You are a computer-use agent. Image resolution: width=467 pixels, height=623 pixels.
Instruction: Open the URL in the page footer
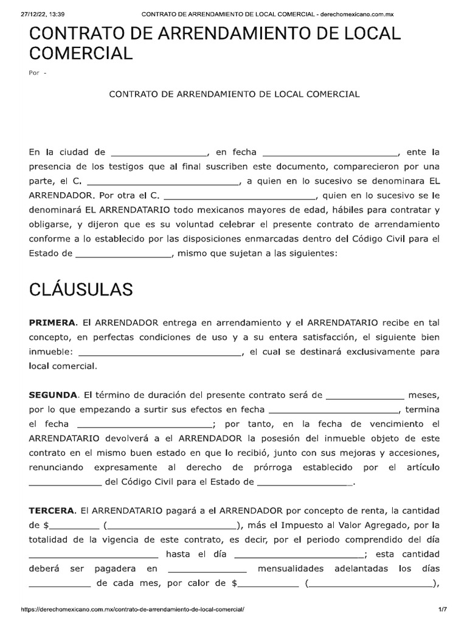[133, 609]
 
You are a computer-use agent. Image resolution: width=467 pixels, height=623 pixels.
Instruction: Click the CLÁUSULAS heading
[81, 290]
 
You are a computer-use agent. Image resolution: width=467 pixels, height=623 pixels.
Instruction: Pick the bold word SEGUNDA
[54, 394]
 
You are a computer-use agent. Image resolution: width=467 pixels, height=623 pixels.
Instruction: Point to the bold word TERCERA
[52, 510]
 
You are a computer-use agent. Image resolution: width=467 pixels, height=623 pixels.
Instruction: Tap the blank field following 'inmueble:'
[160, 352]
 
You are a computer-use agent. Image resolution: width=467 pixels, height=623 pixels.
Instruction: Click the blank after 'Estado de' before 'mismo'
[123, 255]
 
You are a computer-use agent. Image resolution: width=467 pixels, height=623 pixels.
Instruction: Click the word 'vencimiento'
[396, 423]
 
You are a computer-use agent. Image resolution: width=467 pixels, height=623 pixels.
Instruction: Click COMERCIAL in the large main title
[80, 54]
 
